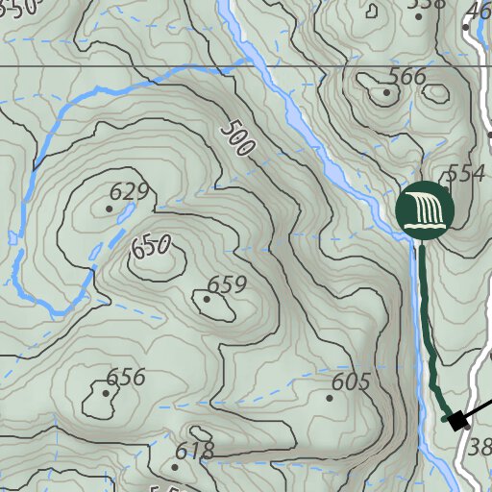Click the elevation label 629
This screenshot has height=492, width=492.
tap(130, 191)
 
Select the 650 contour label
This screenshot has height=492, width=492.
tap(151, 247)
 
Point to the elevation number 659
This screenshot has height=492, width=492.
tap(227, 284)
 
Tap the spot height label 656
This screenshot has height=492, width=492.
tap(126, 377)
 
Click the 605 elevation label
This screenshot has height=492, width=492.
tap(350, 381)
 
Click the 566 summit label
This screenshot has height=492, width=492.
tap(406, 78)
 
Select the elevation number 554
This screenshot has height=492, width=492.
tap(465, 174)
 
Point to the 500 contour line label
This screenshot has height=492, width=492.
tap(236, 138)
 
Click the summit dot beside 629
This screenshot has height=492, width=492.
tap(109, 208)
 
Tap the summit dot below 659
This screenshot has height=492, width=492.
tap(207, 299)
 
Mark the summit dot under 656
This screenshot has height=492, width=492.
tap(106, 392)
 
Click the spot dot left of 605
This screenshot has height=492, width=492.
tap(330, 397)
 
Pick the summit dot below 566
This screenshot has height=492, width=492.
tap(386, 93)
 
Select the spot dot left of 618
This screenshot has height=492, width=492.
tap(174, 467)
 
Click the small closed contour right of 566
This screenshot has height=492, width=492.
tap(438, 94)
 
